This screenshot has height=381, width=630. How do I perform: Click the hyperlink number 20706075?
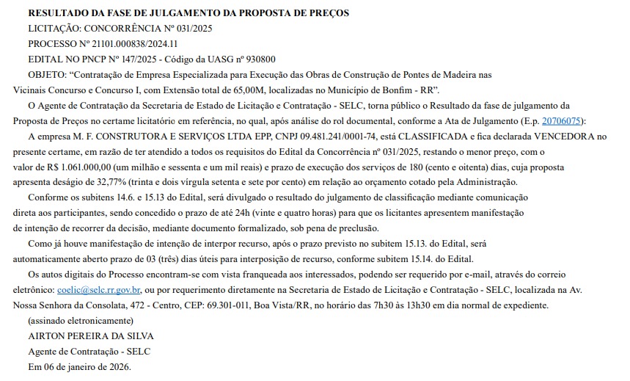click(x=563, y=121)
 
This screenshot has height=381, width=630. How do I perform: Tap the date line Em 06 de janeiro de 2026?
click(x=79, y=366)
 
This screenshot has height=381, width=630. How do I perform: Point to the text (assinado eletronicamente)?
click(x=80, y=321)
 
